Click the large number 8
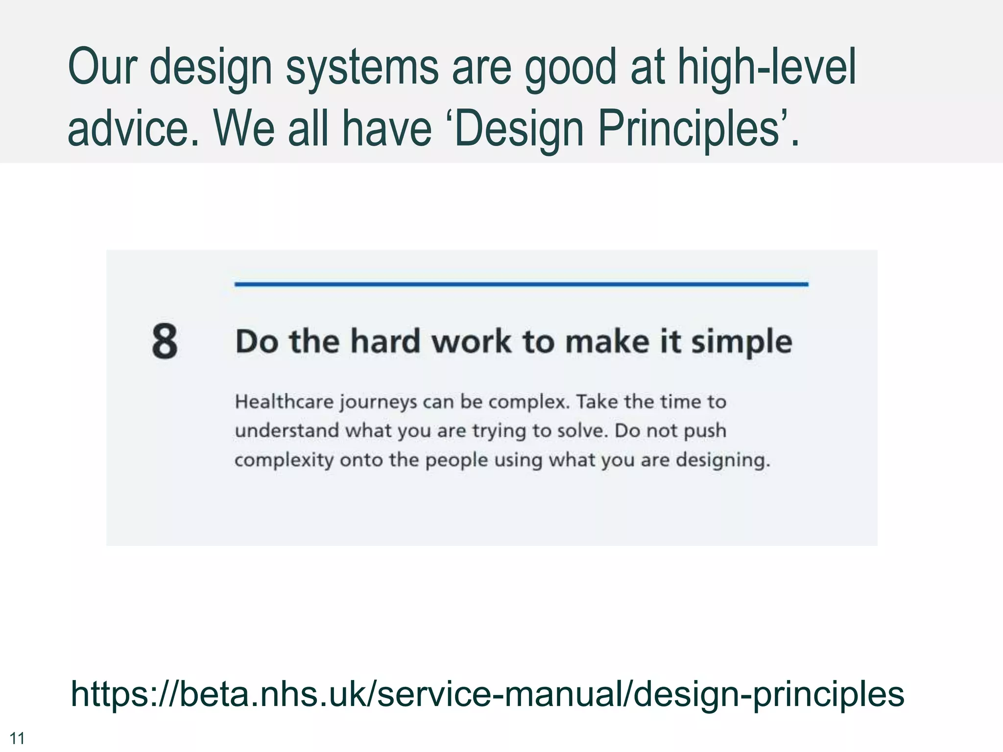tap(165, 341)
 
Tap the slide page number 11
tap(17, 738)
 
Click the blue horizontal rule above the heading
tap(521, 284)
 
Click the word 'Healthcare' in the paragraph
tap(284, 402)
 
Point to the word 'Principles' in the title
tap(689, 128)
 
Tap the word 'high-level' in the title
tap(767, 67)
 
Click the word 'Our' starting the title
tap(101, 67)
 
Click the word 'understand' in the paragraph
tap(287, 431)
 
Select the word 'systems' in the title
tap(362, 67)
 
